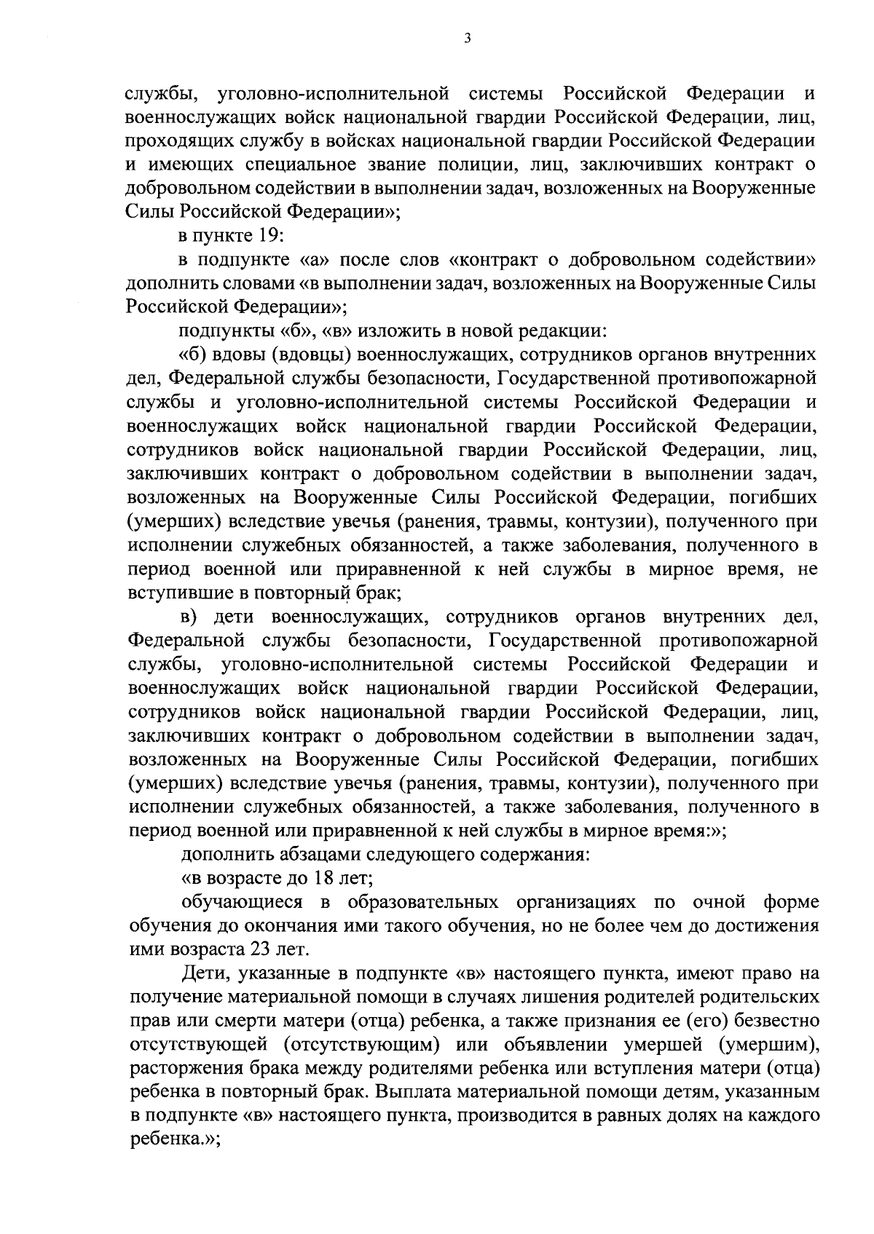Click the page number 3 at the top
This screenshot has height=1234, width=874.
tap(467, 39)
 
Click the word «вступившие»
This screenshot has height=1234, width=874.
tap(171, 593)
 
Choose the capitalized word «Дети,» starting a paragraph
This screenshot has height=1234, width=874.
tap(203, 974)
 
